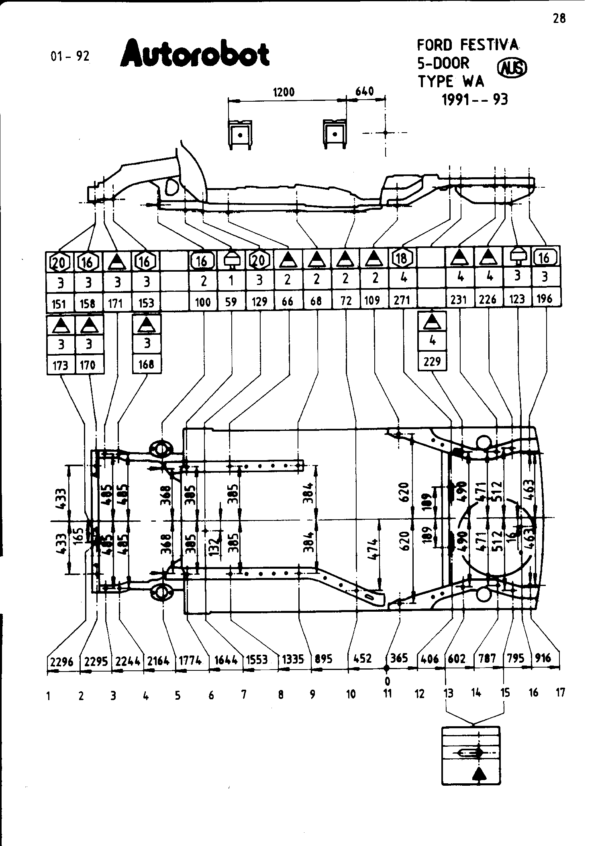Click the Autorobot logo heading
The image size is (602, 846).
pos(195,54)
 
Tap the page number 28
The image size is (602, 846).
pos(559,19)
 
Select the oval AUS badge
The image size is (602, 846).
pos(512,69)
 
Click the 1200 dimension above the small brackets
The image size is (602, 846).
pos(284,92)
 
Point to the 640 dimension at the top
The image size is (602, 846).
pos(365,91)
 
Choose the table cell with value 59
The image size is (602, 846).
pos(231,301)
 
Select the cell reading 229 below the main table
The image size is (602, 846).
pos(432,362)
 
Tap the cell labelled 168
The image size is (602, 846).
pos(146,364)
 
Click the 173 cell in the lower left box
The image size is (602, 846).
pos(60,365)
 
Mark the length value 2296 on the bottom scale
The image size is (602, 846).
pos(62,661)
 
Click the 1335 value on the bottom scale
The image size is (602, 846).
pos(293,660)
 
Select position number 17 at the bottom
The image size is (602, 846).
pos(560,692)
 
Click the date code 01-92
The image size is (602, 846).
pos(70,57)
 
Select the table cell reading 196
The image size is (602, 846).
pos(544,299)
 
